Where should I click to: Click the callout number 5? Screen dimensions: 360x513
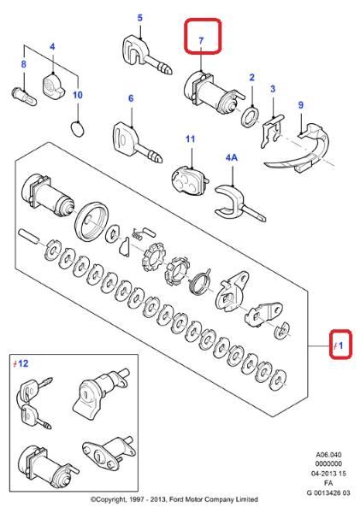(x=139, y=18)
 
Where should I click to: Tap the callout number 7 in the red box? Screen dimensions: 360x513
(x=201, y=40)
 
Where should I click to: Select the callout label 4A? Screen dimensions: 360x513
(x=232, y=157)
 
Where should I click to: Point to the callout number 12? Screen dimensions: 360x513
(x=23, y=363)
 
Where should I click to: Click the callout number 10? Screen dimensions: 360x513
(x=78, y=95)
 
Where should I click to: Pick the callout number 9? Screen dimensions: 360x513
(x=301, y=105)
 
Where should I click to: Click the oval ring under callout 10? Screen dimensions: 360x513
(x=78, y=129)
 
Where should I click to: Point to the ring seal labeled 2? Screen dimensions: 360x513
(x=251, y=116)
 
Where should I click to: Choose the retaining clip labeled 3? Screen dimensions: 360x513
(x=272, y=130)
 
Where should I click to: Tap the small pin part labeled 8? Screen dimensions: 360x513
(x=24, y=97)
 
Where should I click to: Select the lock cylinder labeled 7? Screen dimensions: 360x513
(x=213, y=91)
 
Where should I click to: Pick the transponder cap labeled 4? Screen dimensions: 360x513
(x=52, y=85)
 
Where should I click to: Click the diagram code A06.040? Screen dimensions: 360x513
(x=328, y=455)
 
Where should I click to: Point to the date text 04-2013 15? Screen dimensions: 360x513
(x=328, y=474)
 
